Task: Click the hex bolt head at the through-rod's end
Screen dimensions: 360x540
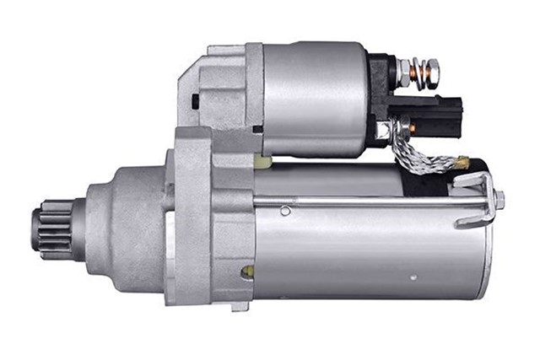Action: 499,200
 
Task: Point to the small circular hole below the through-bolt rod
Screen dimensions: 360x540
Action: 286,210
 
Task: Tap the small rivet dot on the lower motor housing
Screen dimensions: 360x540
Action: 413,276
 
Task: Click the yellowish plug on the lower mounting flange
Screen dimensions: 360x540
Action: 247,271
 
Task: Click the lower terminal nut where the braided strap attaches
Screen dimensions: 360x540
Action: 406,128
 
